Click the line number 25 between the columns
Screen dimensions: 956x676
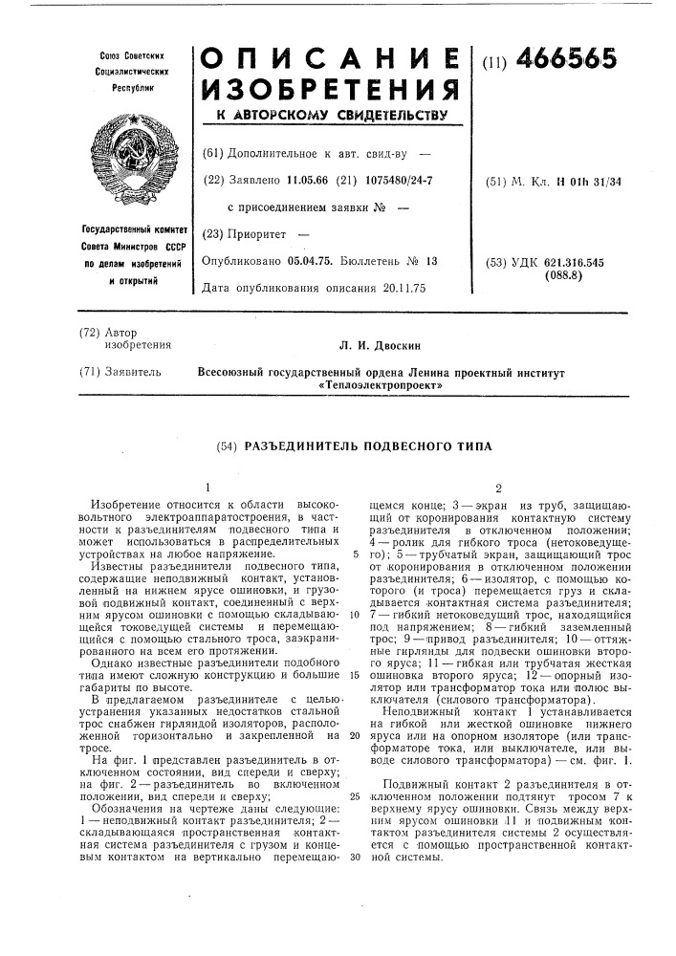point(354,795)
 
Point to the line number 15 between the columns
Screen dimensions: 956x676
point(354,674)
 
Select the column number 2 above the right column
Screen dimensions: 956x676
point(497,485)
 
